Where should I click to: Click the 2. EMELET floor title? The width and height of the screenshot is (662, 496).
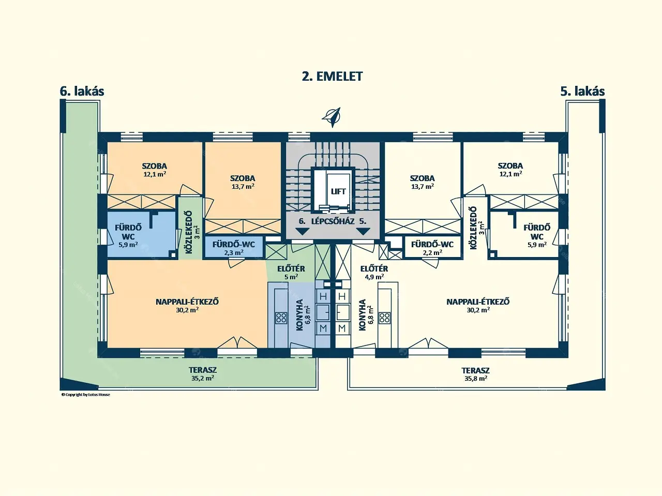(x=332, y=76)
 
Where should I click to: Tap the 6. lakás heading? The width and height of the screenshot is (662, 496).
(x=82, y=91)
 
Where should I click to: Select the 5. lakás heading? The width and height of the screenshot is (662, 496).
(x=582, y=91)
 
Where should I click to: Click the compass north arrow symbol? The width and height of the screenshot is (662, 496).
(x=332, y=117)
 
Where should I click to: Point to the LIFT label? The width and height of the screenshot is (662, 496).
(x=338, y=191)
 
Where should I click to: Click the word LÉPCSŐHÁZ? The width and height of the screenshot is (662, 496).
(x=333, y=221)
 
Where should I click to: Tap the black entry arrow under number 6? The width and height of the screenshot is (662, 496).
(x=302, y=232)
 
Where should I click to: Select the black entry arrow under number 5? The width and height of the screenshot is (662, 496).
(x=363, y=232)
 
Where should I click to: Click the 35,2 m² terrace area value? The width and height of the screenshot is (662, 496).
(x=203, y=378)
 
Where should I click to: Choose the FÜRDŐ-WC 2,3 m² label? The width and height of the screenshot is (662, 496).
(x=234, y=248)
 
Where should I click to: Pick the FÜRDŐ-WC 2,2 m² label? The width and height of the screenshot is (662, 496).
(x=432, y=248)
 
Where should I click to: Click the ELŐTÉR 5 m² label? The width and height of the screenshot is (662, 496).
(x=291, y=273)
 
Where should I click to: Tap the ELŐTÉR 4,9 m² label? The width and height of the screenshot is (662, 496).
(x=374, y=273)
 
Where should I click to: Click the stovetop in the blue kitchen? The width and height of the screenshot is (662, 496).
(x=281, y=318)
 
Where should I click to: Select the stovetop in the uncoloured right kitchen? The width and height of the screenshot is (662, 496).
(x=385, y=318)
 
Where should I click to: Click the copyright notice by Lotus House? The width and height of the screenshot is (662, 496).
(x=86, y=395)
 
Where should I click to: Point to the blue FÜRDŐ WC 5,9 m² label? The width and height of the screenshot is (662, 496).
(x=128, y=236)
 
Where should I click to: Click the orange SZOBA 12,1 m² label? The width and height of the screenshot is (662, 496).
(x=155, y=170)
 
